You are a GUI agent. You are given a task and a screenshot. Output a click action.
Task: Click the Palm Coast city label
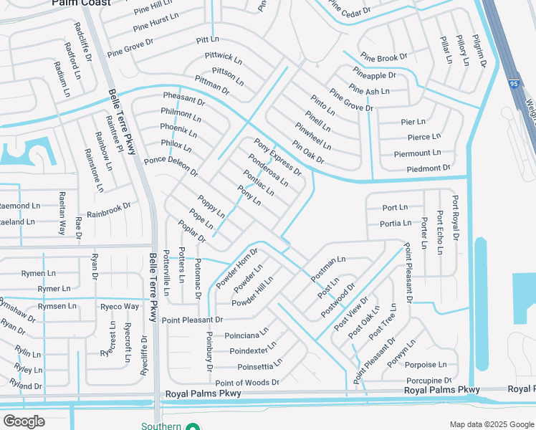coord(82,3)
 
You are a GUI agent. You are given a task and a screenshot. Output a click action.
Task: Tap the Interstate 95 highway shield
coord(513,84)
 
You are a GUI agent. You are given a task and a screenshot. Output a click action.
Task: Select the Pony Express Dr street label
coord(277,158)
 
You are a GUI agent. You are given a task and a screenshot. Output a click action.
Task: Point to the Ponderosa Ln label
coord(268,170)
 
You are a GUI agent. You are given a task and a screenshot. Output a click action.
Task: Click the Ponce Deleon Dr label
coord(171,166)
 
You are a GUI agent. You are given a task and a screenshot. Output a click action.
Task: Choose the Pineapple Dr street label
coord(374,75)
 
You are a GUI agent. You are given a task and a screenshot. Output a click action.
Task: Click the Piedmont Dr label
coord(428,168)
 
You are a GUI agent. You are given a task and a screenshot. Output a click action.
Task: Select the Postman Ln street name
coord(329,267)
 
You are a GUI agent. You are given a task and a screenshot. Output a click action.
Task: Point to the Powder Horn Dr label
coord(237,267)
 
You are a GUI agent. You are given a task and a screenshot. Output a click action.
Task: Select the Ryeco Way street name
coord(120,306)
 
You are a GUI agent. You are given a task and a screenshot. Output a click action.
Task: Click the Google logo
coord(24,421)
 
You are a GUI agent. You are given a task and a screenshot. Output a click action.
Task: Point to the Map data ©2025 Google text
coord(492,424)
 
